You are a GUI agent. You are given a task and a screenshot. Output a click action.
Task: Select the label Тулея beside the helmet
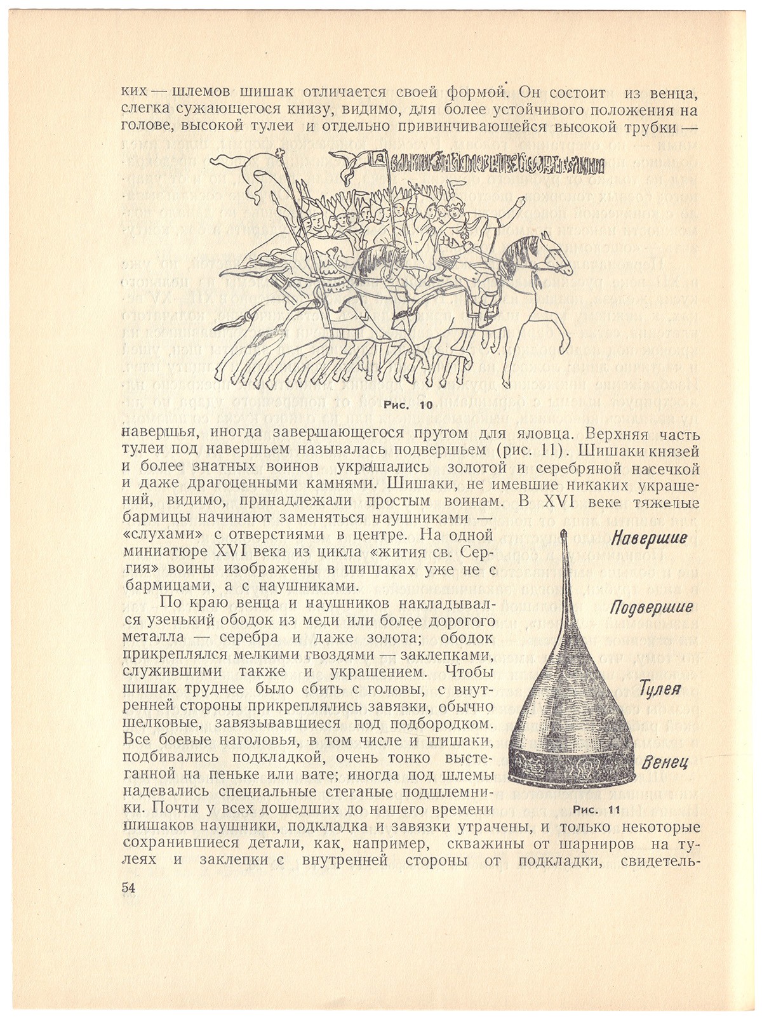(660, 688)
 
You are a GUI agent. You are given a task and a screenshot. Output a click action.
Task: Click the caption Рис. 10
(408, 405)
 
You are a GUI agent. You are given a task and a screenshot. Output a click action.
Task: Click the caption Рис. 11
(595, 810)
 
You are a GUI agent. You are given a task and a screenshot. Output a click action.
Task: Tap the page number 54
(129, 888)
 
